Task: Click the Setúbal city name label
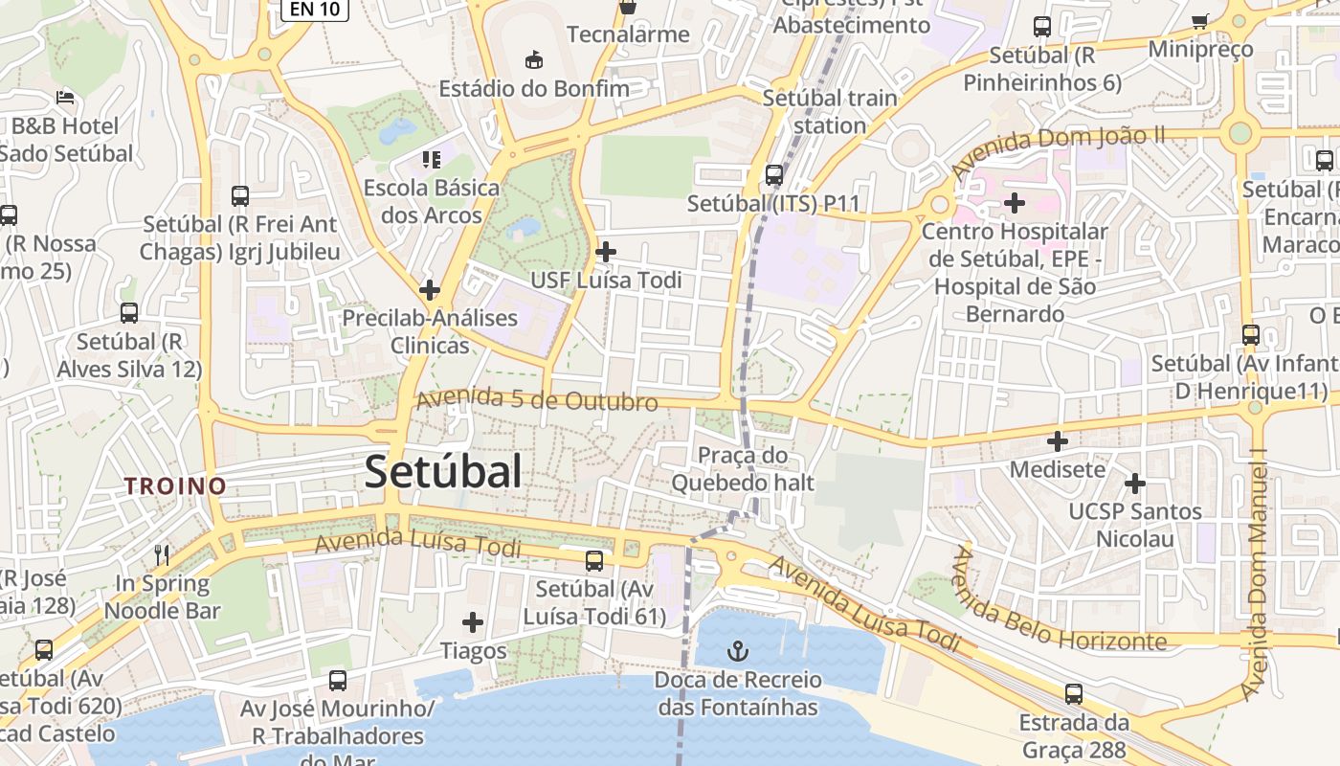pyautogui.click(x=443, y=472)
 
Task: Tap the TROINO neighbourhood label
pyautogui.click(x=175, y=485)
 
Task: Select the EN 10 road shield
pyautogui.click(x=314, y=9)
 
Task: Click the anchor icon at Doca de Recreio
pyautogui.click(x=737, y=652)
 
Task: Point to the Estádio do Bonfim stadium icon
pyautogui.click(x=534, y=60)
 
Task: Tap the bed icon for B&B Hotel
pyautogui.click(x=65, y=97)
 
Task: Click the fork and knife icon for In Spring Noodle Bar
pyautogui.click(x=162, y=554)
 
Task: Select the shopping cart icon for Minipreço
pyautogui.click(x=1199, y=21)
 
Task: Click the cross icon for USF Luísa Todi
pyautogui.click(x=605, y=252)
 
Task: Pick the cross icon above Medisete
pyautogui.click(x=1057, y=441)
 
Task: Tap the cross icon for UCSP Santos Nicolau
pyautogui.click(x=1134, y=484)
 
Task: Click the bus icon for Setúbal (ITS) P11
pyautogui.click(x=773, y=175)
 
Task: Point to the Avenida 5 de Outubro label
pyautogui.click(x=537, y=400)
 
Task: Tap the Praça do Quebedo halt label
pyautogui.click(x=743, y=468)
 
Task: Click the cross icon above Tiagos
pyautogui.click(x=473, y=623)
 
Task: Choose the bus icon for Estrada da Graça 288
pyautogui.click(x=1074, y=694)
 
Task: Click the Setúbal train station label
pyautogui.click(x=830, y=111)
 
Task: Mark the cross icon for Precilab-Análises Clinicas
pyautogui.click(x=430, y=289)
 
